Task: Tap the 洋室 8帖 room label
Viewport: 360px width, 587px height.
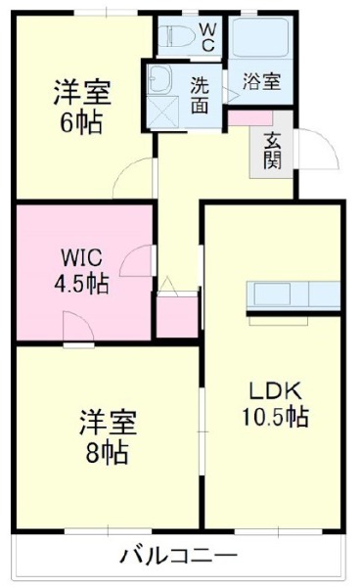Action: pos(108,437)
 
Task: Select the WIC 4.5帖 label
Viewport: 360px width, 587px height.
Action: pos(81,272)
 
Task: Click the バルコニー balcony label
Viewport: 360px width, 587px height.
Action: pos(178,557)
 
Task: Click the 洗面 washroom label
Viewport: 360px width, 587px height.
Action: pos(199,95)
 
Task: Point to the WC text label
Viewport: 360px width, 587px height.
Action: pos(208,36)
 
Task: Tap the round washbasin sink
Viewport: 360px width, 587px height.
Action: pos(158,79)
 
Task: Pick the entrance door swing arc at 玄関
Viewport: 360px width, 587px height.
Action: pos(315,149)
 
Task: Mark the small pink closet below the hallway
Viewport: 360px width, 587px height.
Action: pos(177,320)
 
